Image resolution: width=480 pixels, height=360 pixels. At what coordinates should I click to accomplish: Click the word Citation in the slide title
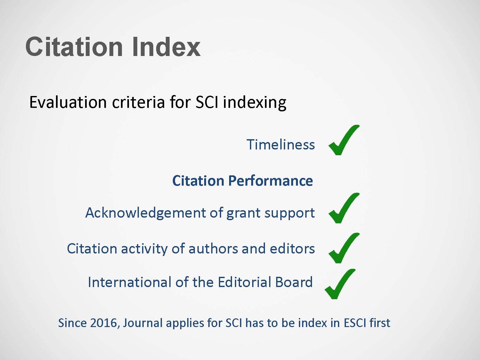(74, 47)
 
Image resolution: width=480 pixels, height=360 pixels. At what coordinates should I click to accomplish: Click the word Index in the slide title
(166, 47)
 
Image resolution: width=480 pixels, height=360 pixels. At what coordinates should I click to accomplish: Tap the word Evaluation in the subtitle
(68, 102)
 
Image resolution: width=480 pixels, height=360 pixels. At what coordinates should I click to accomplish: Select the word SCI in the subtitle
(207, 102)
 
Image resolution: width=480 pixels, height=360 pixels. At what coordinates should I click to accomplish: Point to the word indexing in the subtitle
(254, 103)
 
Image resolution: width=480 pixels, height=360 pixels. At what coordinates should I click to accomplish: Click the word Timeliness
(281, 145)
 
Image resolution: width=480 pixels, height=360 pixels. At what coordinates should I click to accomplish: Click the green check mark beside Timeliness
(344, 140)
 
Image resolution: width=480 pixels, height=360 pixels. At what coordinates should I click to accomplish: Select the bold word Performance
(270, 181)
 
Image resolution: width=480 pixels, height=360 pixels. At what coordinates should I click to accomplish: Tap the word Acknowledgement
(145, 213)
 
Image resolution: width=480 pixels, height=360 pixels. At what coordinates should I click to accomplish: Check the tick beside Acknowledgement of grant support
(344, 208)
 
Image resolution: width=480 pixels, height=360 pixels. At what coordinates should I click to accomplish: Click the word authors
(213, 249)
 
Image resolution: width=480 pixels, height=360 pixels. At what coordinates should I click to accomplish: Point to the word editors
(292, 249)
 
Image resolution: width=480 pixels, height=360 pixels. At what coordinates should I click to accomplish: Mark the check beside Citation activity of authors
(344, 248)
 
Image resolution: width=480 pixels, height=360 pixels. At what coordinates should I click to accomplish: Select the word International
(130, 282)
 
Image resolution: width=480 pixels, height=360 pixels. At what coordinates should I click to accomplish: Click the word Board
(294, 282)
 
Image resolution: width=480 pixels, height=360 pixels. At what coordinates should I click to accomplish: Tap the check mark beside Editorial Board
(340, 284)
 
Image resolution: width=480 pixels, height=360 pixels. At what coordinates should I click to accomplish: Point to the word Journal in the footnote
(143, 323)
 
